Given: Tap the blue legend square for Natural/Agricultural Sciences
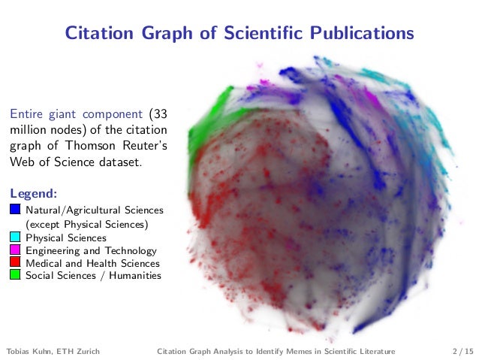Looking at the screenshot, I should pyautogui.click(x=15, y=210).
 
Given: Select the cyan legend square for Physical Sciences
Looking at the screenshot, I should pyautogui.click(x=15, y=237).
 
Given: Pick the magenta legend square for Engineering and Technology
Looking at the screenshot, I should pyautogui.click(x=15, y=250).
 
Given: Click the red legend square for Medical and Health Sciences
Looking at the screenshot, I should pyautogui.click(x=15, y=263).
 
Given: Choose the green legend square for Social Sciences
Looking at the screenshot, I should pyautogui.click(x=15, y=276).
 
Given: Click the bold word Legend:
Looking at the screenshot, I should pyautogui.click(x=29, y=194).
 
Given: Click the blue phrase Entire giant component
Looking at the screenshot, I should pyautogui.click(x=75, y=114).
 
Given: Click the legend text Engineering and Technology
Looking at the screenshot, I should pyautogui.click(x=91, y=250).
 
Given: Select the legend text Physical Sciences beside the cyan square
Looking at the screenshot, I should pyautogui.click(x=66, y=237).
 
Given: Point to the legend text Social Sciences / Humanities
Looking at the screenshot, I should pyautogui.click(x=93, y=276).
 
